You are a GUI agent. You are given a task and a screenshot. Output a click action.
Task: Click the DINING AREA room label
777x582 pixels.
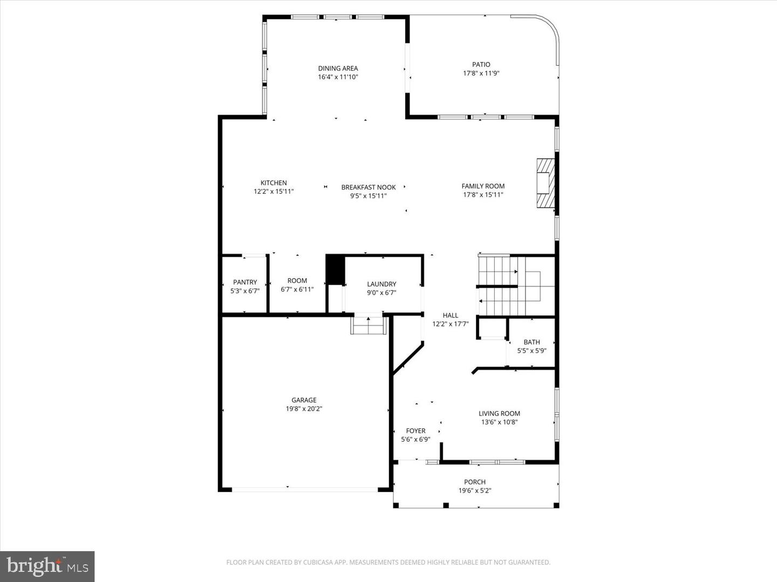tap(338, 68)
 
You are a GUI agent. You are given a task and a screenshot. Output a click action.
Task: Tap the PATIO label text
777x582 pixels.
tap(481, 65)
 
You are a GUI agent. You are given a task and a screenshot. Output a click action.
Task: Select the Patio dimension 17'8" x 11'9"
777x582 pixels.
tap(481, 73)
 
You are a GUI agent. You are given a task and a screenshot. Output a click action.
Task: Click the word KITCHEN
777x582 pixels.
tap(274, 183)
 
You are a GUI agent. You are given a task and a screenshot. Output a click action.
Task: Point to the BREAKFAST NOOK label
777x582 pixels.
tap(369, 188)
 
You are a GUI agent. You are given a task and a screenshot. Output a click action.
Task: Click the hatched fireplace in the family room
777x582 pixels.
tap(546, 183)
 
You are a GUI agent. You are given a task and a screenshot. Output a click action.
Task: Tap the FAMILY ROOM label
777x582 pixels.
tap(483, 186)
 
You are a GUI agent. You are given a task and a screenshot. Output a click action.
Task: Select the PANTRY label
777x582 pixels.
tap(245, 282)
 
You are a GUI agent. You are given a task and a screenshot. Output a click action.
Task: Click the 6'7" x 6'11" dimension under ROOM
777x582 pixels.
tap(297, 289)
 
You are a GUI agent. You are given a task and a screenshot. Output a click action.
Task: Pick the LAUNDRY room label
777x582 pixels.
tap(381, 284)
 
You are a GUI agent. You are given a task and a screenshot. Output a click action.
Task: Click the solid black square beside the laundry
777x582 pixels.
tap(335, 269)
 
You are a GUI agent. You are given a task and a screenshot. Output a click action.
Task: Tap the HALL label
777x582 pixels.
tap(451, 316)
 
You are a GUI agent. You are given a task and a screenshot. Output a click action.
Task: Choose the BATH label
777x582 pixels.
tap(531, 342)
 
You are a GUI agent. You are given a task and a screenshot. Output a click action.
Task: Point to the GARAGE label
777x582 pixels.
tap(304, 400)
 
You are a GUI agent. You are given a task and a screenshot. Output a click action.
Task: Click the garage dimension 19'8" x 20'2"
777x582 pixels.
tap(304, 409)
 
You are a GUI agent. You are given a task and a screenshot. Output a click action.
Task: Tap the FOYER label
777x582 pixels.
tap(415, 431)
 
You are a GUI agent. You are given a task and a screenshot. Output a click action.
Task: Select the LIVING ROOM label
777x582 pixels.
tap(499, 414)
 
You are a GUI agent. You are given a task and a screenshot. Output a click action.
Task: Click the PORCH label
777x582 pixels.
tap(475, 482)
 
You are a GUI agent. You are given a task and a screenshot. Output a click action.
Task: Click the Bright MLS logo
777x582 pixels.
tap(47, 566)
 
